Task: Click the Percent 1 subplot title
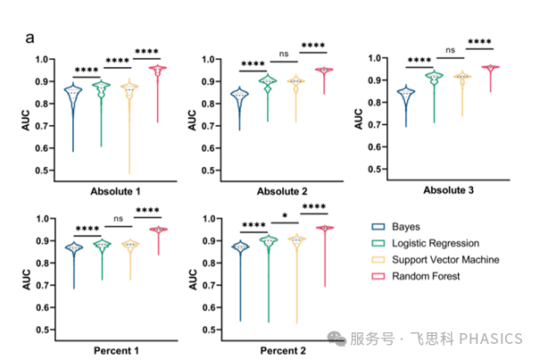112,350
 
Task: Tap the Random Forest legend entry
425,276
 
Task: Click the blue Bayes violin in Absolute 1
73,103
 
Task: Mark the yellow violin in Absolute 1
130,98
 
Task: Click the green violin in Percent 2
266,250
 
